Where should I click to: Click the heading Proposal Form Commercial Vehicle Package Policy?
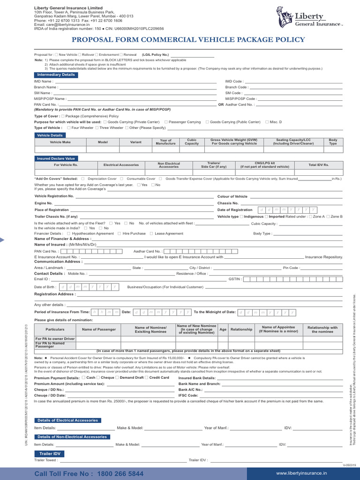180,39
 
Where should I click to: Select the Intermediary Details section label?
55,75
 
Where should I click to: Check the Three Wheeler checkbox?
97,127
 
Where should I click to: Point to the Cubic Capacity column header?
192,142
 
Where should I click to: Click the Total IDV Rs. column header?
319,165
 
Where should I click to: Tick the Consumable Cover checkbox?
121,179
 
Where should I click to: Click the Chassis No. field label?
228,203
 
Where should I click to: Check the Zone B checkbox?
328,217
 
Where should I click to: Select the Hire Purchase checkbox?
120,233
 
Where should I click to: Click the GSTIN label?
235,279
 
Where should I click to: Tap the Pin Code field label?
291,268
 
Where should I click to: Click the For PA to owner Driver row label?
55,338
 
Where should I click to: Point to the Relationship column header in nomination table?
241,330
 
